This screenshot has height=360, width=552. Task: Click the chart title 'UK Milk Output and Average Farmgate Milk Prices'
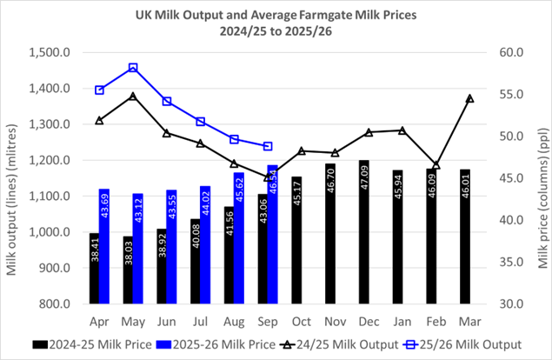coord(275,14)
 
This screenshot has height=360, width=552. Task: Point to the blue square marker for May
coord(133,68)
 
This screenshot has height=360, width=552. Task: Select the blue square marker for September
coord(268,146)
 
